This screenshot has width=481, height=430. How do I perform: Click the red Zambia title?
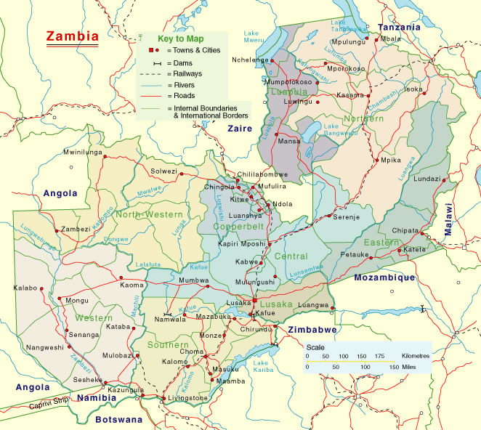point(73,36)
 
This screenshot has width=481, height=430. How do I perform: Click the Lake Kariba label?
point(260,366)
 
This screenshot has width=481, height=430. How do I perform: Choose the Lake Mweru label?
point(252,36)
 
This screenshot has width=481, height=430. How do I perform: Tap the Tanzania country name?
point(399,27)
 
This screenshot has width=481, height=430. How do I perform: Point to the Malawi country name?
point(449,219)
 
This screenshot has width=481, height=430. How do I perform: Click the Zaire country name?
point(239,129)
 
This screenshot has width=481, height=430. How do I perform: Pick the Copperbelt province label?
point(238,227)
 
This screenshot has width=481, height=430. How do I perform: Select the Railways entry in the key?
point(185,73)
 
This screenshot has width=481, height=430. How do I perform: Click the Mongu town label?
point(77,300)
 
